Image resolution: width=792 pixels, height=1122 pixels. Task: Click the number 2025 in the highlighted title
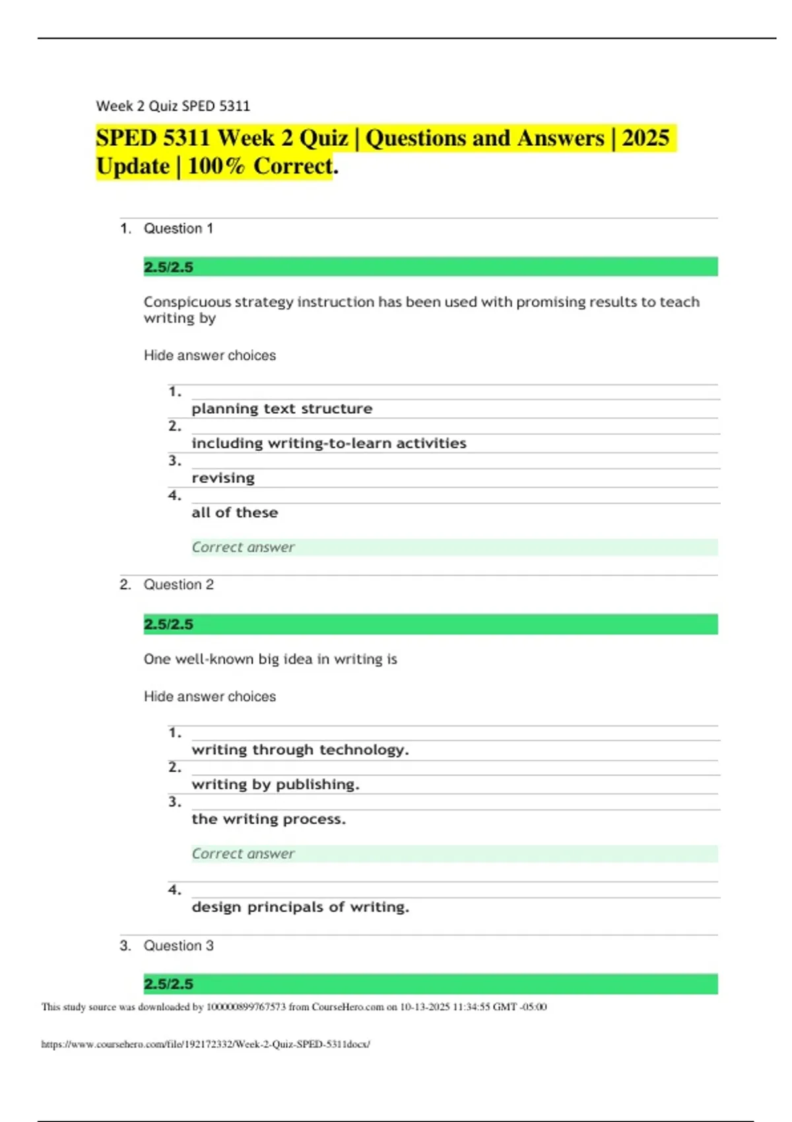coord(645,138)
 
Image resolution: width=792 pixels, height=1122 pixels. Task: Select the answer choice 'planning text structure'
coord(282,409)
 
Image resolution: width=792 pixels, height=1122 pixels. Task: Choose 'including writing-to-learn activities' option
coord(329,444)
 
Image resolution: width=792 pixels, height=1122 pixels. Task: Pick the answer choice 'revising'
coord(223,478)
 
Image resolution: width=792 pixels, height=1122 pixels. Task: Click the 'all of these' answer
coord(234,513)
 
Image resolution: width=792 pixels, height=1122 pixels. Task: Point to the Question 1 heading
coord(178,228)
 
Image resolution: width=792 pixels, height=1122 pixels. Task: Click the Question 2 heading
coord(178,585)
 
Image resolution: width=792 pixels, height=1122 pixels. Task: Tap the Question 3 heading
coord(178,946)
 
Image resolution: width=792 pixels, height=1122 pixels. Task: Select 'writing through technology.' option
coord(300,750)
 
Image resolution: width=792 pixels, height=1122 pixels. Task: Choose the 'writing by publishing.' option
coord(275,785)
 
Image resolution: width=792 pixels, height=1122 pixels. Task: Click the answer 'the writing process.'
coord(269,819)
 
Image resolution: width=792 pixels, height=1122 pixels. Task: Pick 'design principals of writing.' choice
coord(300,907)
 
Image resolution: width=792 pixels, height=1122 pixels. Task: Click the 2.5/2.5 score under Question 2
coord(168,624)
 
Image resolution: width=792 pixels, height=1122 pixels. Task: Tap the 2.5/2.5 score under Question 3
coord(168,984)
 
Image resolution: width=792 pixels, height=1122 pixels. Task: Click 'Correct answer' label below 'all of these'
coord(243,547)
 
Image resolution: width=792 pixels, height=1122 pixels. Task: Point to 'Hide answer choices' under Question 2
coord(210,696)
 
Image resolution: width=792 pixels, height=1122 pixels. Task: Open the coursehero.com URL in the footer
coord(205,1044)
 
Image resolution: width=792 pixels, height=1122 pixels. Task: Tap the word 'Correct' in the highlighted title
coord(293,166)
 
